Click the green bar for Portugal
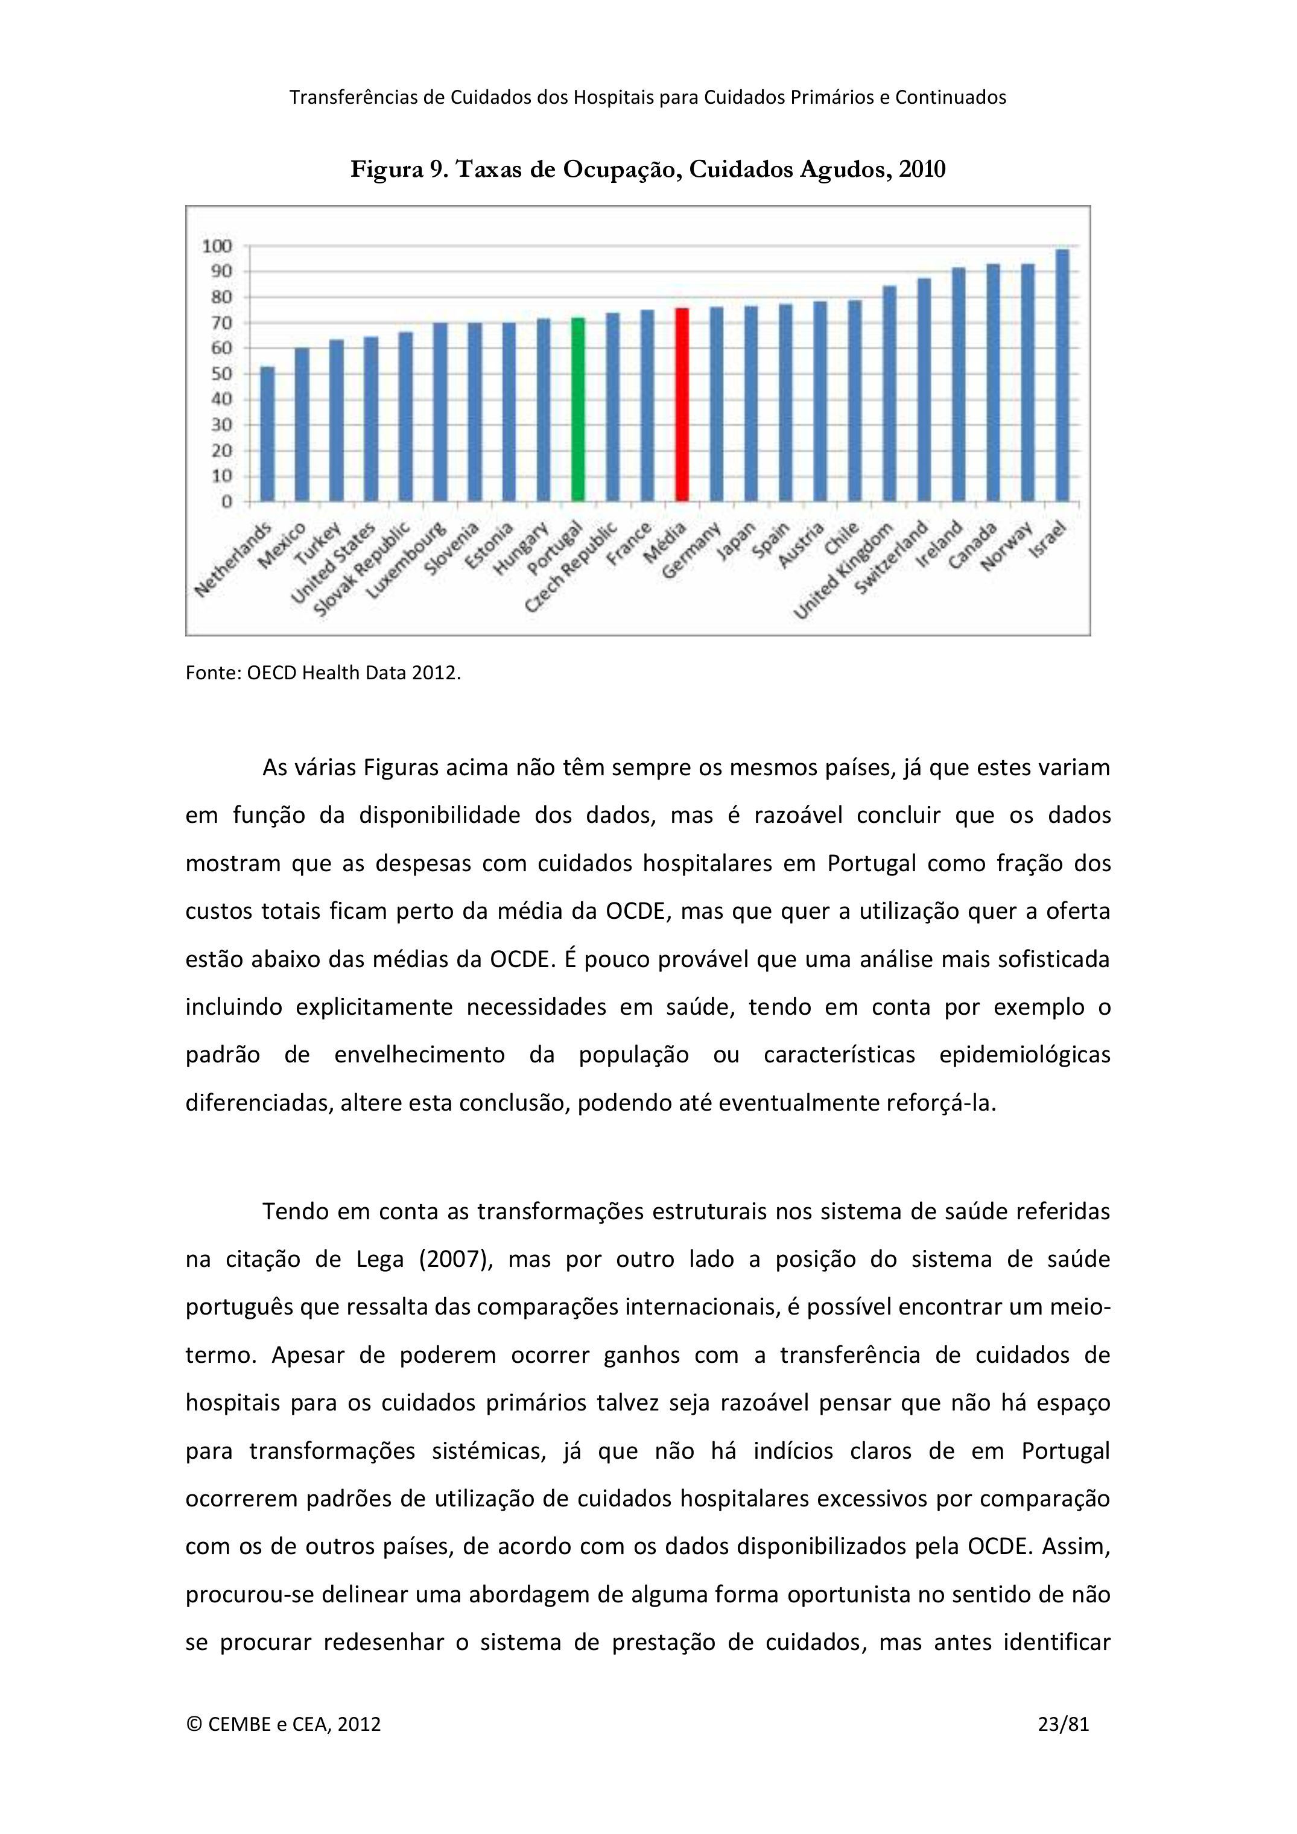[x=578, y=409]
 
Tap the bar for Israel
[x=1062, y=375]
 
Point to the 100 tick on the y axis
[x=217, y=246]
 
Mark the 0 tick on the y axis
[x=227, y=501]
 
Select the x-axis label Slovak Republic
[x=362, y=569]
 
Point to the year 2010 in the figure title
[x=922, y=170]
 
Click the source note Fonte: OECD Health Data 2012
[x=323, y=673]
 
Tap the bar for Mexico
[x=302, y=424]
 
